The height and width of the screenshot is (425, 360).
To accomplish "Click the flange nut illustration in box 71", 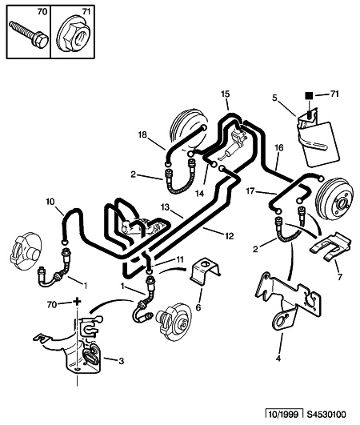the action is pos(74,34).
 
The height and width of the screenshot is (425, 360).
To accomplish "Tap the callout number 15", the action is pos(225,94).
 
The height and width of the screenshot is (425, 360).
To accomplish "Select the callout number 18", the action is pos(142,134).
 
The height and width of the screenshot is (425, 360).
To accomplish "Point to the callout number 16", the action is pos(279,148).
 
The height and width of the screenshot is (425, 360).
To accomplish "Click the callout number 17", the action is pos(250,191).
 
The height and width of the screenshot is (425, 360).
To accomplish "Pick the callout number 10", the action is pos(50,202).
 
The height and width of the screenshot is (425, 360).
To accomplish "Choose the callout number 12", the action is pos(229,236).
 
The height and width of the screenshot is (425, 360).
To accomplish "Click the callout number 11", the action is pos(180,259).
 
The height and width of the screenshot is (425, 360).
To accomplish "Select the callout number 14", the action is pos(200,194).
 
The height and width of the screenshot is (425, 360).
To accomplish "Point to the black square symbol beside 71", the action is pos(309,95).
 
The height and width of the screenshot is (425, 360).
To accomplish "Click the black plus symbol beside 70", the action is pos(78,301).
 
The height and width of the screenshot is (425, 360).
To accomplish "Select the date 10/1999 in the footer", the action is pos(284,415).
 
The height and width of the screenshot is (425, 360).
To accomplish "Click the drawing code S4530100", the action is pos(326,415).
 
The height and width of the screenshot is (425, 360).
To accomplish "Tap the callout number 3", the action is pos(121,361).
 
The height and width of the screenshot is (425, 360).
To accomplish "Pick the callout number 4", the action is pos(278,359).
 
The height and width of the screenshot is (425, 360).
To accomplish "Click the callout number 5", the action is pos(275,98).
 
